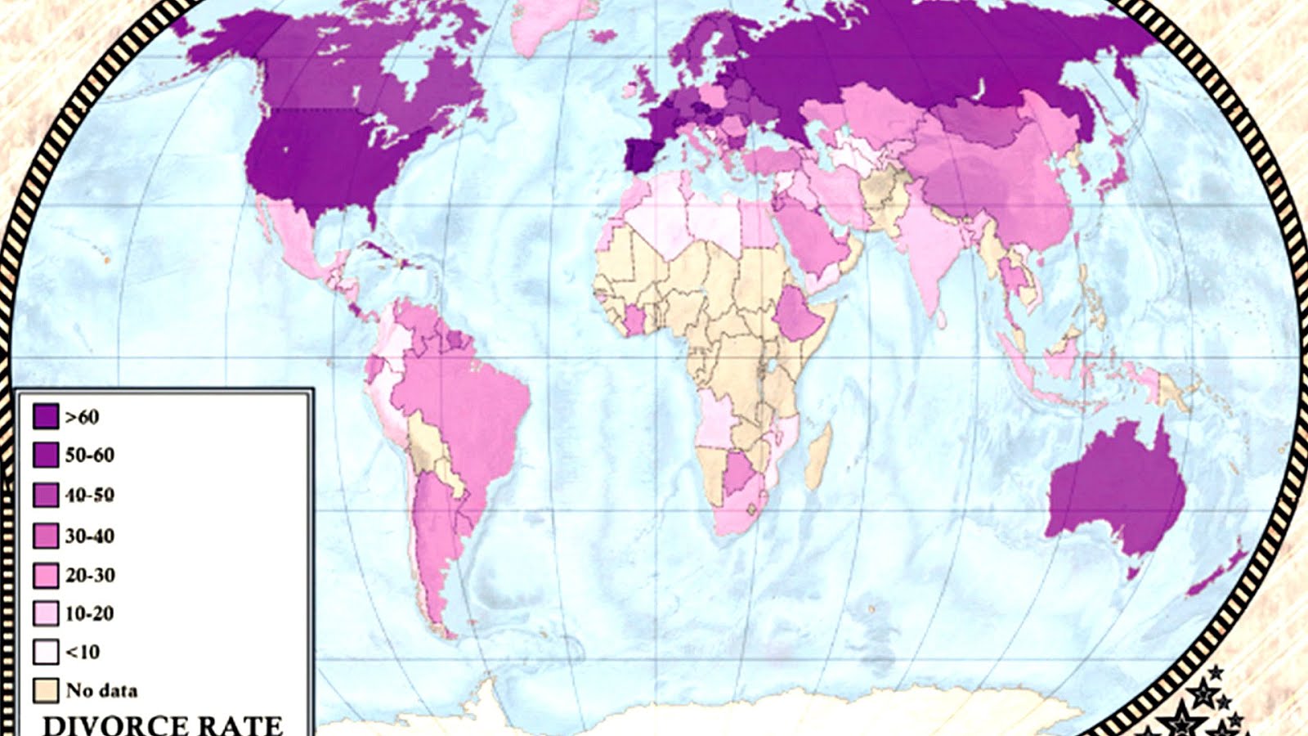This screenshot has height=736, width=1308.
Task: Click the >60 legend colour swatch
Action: click(x=46, y=416)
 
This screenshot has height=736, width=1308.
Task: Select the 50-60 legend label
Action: click(x=90, y=456)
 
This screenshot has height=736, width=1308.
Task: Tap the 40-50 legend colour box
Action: click(x=46, y=495)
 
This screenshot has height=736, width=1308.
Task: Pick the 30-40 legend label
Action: click(x=90, y=536)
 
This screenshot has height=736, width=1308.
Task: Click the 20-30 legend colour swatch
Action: click(x=46, y=576)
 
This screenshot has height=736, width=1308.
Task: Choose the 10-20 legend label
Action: click(x=90, y=614)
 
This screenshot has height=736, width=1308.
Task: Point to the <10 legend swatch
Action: click(x=46, y=652)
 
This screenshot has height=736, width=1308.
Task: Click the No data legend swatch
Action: click(x=46, y=690)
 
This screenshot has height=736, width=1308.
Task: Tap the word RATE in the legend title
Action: click(x=245, y=725)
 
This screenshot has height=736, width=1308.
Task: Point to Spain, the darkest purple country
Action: click(x=642, y=155)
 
